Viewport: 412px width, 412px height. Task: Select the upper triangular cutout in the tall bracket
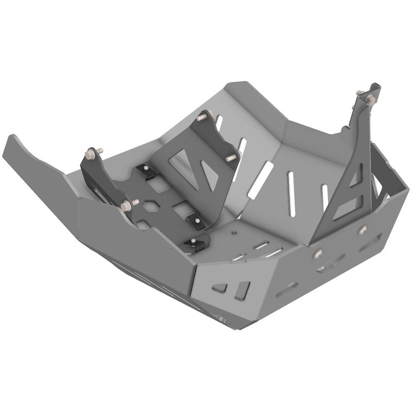(355, 178)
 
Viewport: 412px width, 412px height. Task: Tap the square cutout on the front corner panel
(242, 290)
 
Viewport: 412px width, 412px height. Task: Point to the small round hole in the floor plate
(234, 233)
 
